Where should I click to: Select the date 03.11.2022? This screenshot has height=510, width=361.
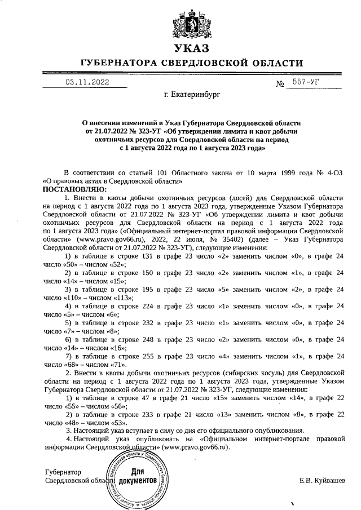(x=87, y=82)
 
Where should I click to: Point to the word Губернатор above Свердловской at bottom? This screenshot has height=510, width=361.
(x=63, y=472)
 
